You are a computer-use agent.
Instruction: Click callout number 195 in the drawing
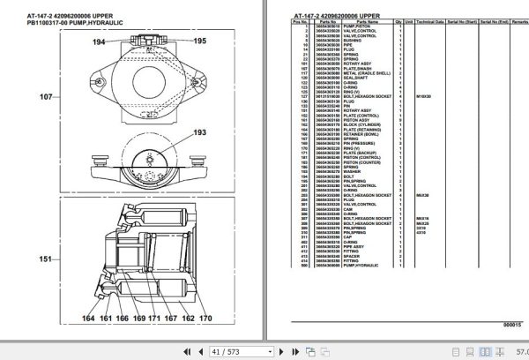click(200, 41)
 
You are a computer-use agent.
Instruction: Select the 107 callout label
click(44, 96)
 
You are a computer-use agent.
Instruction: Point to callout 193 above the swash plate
click(199, 132)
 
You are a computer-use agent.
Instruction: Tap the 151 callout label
click(44, 259)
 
